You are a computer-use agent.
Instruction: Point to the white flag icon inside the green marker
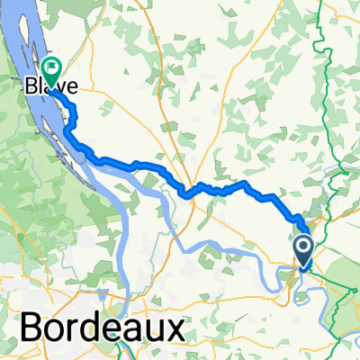51,66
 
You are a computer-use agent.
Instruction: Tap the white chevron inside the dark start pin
304,246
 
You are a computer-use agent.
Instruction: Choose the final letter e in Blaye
70,88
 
